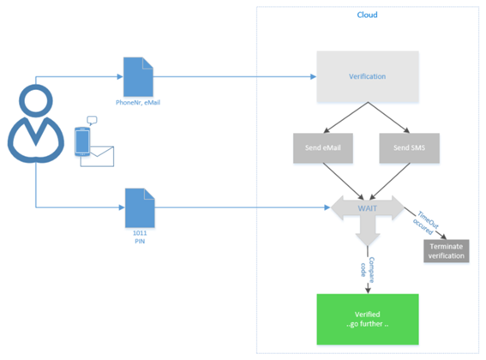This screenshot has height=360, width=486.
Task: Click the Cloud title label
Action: pos(368,15)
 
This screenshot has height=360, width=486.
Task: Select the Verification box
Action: pos(368,76)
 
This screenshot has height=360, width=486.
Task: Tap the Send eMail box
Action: pos(323,148)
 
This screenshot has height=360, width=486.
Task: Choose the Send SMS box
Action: pos(409,148)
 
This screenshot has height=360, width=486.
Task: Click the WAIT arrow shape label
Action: pos(368,208)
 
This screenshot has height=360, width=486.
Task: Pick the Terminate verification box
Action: pos(447,251)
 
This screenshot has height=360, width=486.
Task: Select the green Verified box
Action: pos(368,319)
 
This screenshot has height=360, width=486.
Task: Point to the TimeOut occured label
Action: pos(425,223)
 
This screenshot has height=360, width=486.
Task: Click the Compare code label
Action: pos(368,270)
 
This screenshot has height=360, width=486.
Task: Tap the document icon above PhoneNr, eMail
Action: pos(138,77)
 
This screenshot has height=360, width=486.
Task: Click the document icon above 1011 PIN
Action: pos(140,208)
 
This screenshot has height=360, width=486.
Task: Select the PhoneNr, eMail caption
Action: pos(138,103)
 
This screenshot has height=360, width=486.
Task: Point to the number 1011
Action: pos(140,233)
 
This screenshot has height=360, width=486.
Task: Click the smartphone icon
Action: pos(82,141)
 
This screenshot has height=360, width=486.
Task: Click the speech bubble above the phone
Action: pos(92,121)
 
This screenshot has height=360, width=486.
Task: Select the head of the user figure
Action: pos(36,101)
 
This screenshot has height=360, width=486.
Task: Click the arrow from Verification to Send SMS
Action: pos(388,117)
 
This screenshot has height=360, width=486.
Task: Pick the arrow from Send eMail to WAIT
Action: pos(344,181)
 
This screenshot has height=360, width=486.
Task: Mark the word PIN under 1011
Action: pos(140,241)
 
